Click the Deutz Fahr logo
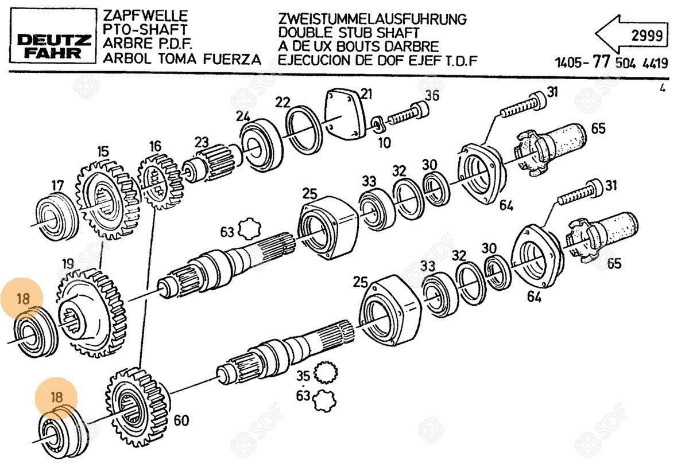[x=53, y=46]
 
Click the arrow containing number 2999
[x=630, y=36]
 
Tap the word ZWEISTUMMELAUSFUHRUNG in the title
[x=371, y=18]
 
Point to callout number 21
[x=366, y=94]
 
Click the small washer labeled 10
[x=377, y=123]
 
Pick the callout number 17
[x=57, y=186]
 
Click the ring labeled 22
[x=304, y=128]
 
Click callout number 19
[x=68, y=264]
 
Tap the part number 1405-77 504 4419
[x=611, y=63]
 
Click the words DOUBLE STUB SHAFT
[x=349, y=33]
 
